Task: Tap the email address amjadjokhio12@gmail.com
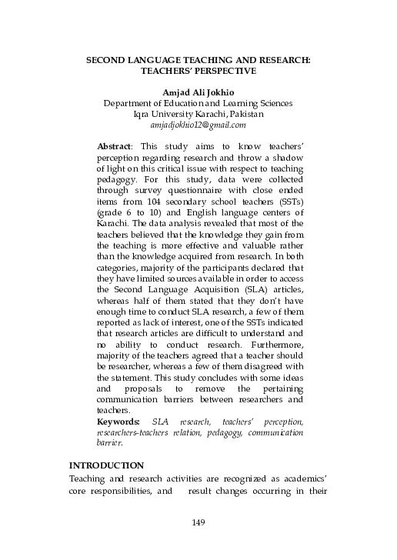[x=198, y=124]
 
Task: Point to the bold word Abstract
[x=115, y=145]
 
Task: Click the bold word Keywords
[x=118, y=422]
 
